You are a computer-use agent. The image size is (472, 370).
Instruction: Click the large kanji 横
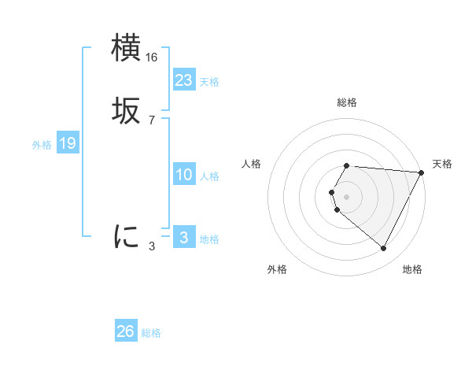click(126, 48)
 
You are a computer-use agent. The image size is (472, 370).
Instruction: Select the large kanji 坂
click(126, 111)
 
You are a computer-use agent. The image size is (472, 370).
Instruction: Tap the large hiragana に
click(126, 236)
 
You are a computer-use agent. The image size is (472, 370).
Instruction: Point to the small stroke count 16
click(152, 57)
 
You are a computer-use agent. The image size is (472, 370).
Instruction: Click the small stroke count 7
click(152, 120)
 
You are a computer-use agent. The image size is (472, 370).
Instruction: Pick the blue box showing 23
click(184, 80)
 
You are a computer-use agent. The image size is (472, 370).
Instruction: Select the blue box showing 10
click(184, 175)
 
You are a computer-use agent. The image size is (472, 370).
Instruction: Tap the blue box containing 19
click(67, 143)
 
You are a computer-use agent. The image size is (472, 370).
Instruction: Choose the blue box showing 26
click(126, 331)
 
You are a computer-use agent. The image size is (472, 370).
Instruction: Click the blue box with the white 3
click(184, 238)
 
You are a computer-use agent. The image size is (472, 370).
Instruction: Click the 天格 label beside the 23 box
click(209, 82)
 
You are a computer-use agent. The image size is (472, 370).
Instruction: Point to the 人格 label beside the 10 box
click(209, 176)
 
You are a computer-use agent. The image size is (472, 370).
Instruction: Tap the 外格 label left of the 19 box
click(42, 145)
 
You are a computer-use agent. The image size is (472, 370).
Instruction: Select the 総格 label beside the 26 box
click(151, 333)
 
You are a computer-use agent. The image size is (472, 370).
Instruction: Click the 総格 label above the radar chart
click(347, 102)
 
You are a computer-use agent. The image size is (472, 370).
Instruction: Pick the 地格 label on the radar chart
click(412, 270)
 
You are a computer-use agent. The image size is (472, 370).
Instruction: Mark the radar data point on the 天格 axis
click(422, 172)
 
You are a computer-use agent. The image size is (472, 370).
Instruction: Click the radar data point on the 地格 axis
click(384, 249)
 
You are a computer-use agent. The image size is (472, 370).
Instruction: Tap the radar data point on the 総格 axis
click(347, 165)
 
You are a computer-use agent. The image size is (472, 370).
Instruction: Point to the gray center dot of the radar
click(347, 196)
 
